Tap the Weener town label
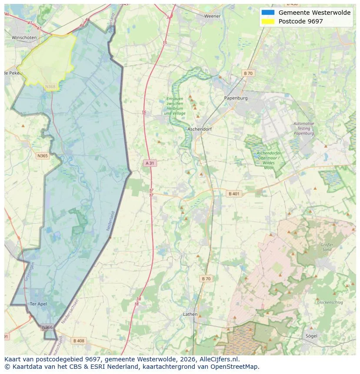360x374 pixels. pyautogui.click(x=212, y=16)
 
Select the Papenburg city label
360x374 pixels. pyautogui.click(x=236, y=98)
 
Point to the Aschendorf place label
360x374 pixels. pyautogui.click(x=199, y=129)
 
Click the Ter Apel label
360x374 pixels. pyautogui.click(x=38, y=304)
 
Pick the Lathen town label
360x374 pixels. pyautogui.click(x=190, y=314)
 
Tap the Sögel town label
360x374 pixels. pyautogui.click(x=311, y=336)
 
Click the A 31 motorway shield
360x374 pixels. pyautogui.click(x=149, y=163)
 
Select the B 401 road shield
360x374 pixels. pyautogui.click(x=234, y=194)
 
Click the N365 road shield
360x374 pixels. pyautogui.click(x=43, y=156)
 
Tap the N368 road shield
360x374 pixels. pyautogui.click(x=50, y=87)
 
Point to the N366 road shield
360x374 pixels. pyautogui.click(x=47, y=327)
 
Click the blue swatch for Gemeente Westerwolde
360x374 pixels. pyautogui.click(x=268, y=13)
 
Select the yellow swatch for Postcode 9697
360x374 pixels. pyautogui.click(x=268, y=21)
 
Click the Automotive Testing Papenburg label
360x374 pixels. pyautogui.click(x=303, y=129)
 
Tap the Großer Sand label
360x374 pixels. pyautogui.click(x=327, y=247)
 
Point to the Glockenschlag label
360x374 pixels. pyautogui.click(x=330, y=302)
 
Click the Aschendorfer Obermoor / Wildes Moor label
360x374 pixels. pyautogui.click(x=268, y=160)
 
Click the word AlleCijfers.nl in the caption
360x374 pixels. pyautogui.click(x=217, y=360)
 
